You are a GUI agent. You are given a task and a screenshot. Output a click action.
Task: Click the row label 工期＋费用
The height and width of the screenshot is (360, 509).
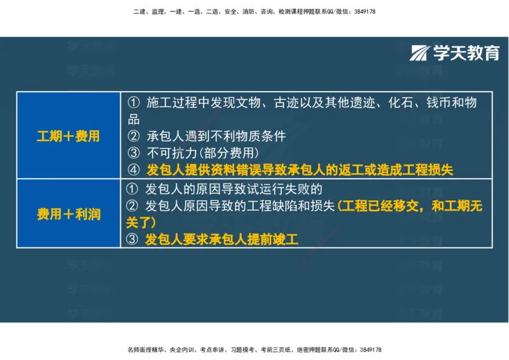(x=68, y=135)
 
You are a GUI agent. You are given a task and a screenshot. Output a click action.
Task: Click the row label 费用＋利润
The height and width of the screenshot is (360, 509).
(x=68, y=214)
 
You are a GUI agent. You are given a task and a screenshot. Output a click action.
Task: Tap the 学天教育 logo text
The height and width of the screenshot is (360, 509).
(x=466, y=53)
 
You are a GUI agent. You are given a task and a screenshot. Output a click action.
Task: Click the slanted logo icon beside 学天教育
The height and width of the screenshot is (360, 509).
(x=420, y=53)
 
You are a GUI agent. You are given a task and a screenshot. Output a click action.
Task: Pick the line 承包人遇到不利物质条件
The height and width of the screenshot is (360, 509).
(x=216, y=135)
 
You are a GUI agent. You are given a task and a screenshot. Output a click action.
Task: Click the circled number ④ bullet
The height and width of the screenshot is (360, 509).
(x=133, y=169)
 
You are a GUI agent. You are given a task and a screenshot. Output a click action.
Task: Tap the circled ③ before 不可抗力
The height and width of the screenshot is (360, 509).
(x=133, y=153)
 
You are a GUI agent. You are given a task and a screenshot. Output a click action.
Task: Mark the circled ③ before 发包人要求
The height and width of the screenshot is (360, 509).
(x=133, y=240)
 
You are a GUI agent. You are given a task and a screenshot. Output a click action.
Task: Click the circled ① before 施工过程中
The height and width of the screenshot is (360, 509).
(x=133, y=102)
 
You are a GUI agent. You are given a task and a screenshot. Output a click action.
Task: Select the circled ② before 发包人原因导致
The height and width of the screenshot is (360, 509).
(x=133, y=206)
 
